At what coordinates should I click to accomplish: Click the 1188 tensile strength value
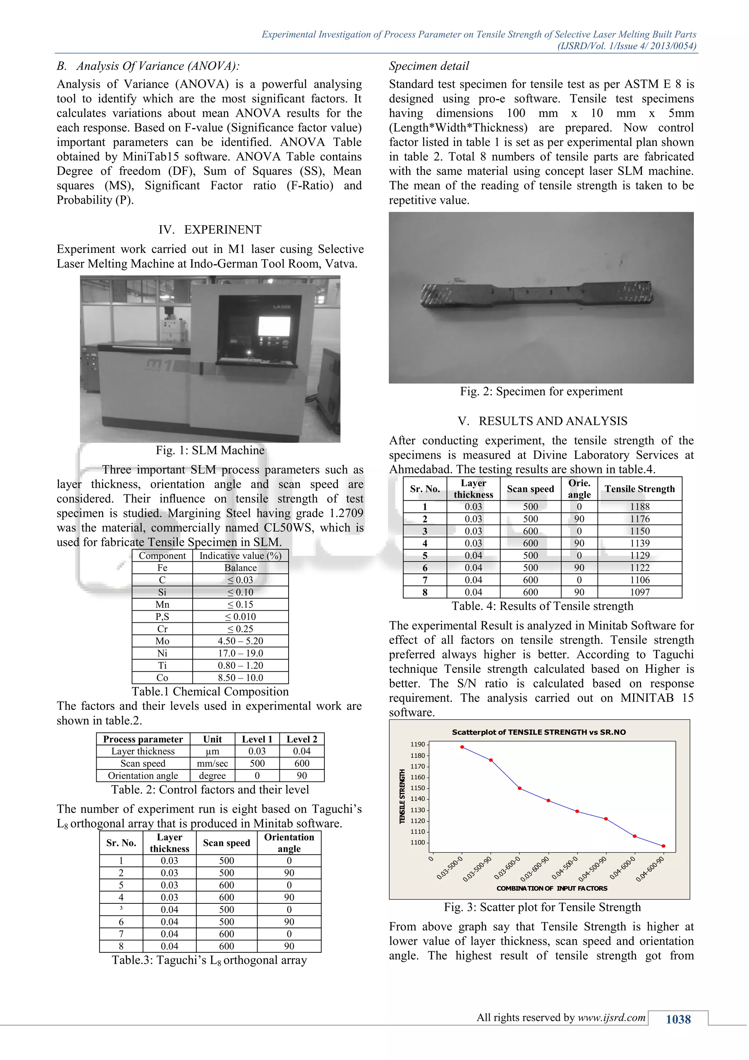coord(639,506)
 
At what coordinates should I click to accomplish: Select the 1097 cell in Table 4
coord(639,592)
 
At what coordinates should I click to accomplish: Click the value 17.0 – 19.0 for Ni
coord(240,653)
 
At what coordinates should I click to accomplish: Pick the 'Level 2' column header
coord(301,739)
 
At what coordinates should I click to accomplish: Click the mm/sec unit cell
coord(212,763)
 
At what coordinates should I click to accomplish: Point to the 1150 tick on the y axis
coord(418,788)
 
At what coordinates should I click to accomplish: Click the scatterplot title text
coord(539,732)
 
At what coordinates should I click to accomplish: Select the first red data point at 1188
coord(462,747)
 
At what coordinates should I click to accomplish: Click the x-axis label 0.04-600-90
coord(650,869)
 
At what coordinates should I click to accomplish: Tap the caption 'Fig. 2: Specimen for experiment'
coord(541,392)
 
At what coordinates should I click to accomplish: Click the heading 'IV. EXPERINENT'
coord(210,229)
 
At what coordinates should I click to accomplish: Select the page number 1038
coord(678,1019)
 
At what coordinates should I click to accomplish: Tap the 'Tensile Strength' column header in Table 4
coord(639,489)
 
